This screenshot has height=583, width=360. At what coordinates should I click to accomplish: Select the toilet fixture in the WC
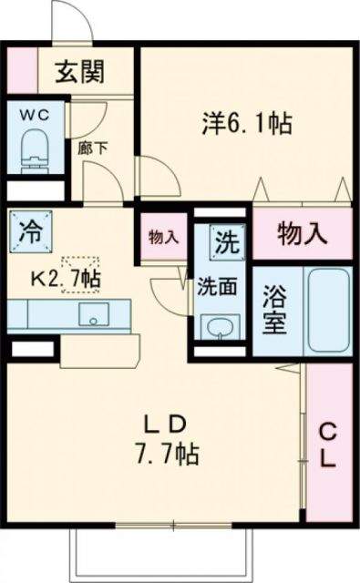[x=36, y=147]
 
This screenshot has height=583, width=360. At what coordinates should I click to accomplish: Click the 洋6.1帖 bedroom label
[x=247, y=123]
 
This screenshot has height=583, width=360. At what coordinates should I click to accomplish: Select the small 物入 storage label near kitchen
[x=162, y=238]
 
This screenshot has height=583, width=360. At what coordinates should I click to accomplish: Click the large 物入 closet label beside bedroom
[x=302, y=233]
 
